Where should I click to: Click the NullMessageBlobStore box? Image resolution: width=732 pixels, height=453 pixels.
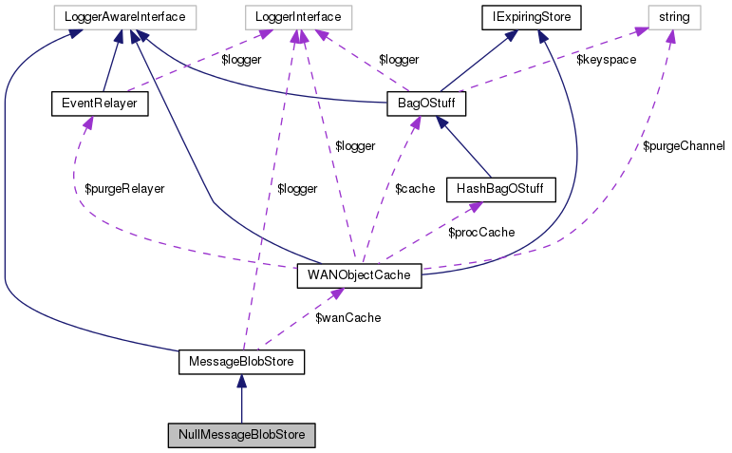pyautogui.click(x=241, y=436)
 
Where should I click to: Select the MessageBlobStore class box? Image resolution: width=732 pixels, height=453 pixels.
pyautogui.click(x=241, y=362)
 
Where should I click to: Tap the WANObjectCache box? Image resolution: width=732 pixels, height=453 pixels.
pyautogui.click(x=360, y=275)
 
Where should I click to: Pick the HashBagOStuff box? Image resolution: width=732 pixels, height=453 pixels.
pyautogui.click(x=499, y=188)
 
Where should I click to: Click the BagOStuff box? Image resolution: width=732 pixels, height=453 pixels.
pyautogui.click(x=426, y=103)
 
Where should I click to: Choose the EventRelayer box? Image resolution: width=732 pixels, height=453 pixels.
pyautogui.click(x=99, y=103)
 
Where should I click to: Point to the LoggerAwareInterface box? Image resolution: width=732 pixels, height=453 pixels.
pyautogui.click(x=124, y=16)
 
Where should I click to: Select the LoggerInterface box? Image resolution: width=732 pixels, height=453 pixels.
pyautogui.click(x=298, y=16)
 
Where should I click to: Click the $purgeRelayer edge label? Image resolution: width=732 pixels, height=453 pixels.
pyautogui.click(x=119, y=188)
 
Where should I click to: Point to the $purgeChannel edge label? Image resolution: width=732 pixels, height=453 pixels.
pyautogui.click(x=684, y=145)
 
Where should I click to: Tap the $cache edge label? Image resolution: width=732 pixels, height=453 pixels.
pyautogui.click(x=414, y=188)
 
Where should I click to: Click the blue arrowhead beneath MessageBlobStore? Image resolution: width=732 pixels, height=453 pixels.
pyautogui.click(x=241, y=381)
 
